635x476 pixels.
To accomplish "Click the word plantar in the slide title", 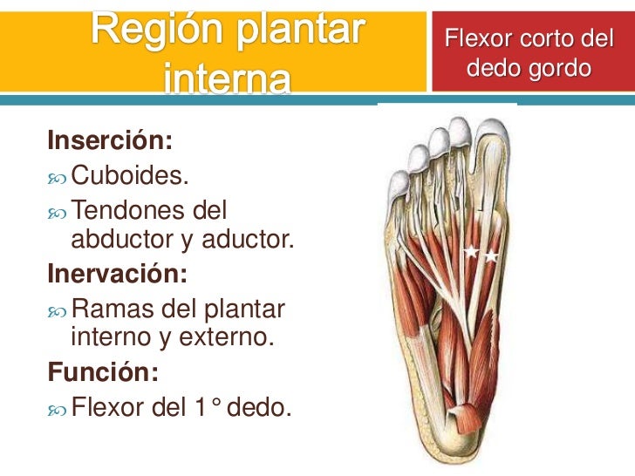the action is pos(302,31).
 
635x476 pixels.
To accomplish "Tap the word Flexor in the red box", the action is pos(476,39).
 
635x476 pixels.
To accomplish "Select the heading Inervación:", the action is pos(118,274).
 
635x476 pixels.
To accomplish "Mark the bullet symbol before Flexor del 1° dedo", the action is pos(58,406).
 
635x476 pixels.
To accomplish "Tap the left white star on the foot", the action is pos(470,252).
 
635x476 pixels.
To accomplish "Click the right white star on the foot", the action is pos(491,256).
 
